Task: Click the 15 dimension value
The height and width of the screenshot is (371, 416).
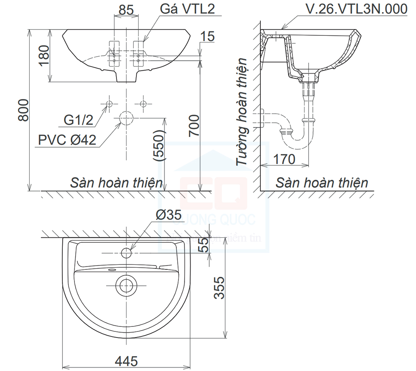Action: pos(207,36)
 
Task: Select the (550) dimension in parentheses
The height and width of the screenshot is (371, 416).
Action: pos(159,146)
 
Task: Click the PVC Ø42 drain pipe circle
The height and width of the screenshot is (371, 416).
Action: pos(126,118)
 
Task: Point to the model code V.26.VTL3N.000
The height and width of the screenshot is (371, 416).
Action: pos(356,9)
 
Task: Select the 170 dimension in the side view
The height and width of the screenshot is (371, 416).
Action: pos(285,159)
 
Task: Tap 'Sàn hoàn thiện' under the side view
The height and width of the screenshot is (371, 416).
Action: pos(322,182)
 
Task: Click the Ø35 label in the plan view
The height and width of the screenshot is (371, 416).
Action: pos(168,215)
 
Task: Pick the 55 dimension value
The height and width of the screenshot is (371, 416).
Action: pos(203,246)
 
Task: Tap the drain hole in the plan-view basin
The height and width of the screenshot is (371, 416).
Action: pos(126,286)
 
